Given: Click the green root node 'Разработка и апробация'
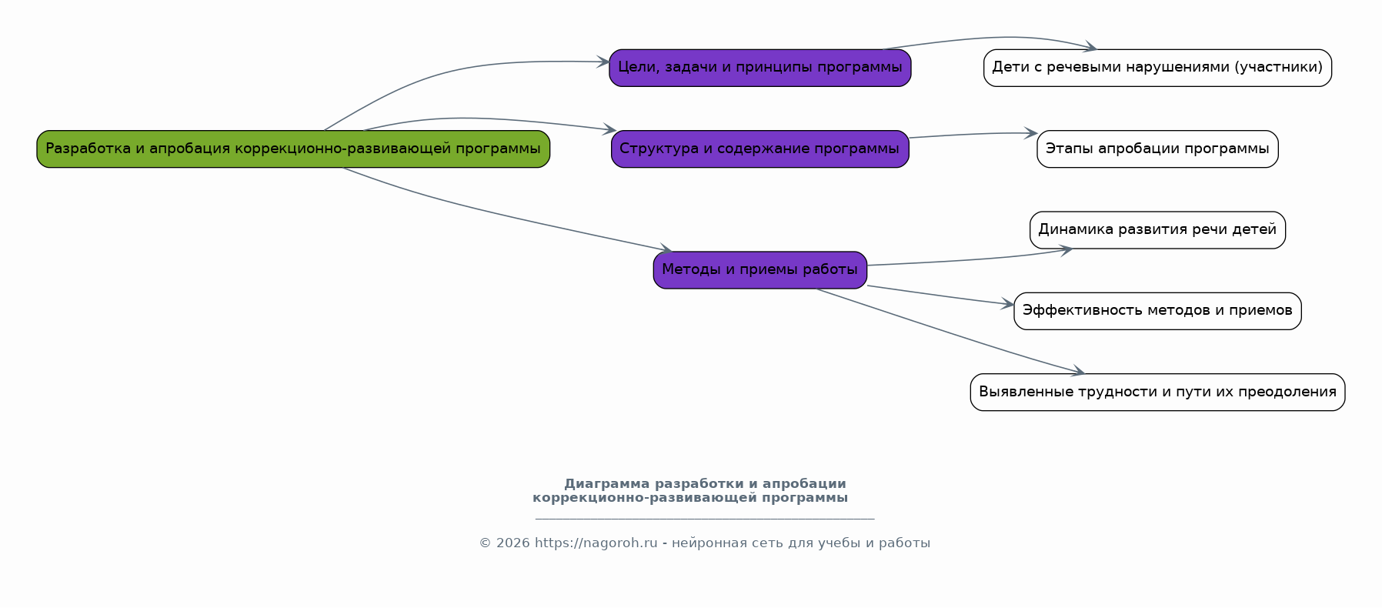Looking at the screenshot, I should click(293, 149).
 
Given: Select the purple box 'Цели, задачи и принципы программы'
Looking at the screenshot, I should click(759, 68).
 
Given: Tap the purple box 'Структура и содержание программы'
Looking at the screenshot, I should click(759, 149).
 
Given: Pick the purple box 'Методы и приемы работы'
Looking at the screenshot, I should click(759, 270).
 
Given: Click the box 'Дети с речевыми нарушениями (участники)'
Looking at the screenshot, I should click(1157, 68).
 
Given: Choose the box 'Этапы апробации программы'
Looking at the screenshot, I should click(1157, 149).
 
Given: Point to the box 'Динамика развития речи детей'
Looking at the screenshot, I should click(1157, 229).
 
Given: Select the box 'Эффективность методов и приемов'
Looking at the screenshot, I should click(1157, 311).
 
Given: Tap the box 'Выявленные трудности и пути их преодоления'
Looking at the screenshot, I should click(1157, 392).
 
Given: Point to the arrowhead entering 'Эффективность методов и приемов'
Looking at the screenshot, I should click(1008, 305).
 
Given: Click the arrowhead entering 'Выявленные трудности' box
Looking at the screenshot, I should click(1078, 372).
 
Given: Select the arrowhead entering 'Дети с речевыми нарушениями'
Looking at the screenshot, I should click(1090, 48).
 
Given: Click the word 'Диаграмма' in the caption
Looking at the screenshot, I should click(606, 484).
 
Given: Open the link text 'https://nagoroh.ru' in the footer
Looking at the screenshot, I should click(596, 543).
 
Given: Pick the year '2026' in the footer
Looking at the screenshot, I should click(512, 543).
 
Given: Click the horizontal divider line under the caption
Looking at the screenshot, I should click(704, 519).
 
